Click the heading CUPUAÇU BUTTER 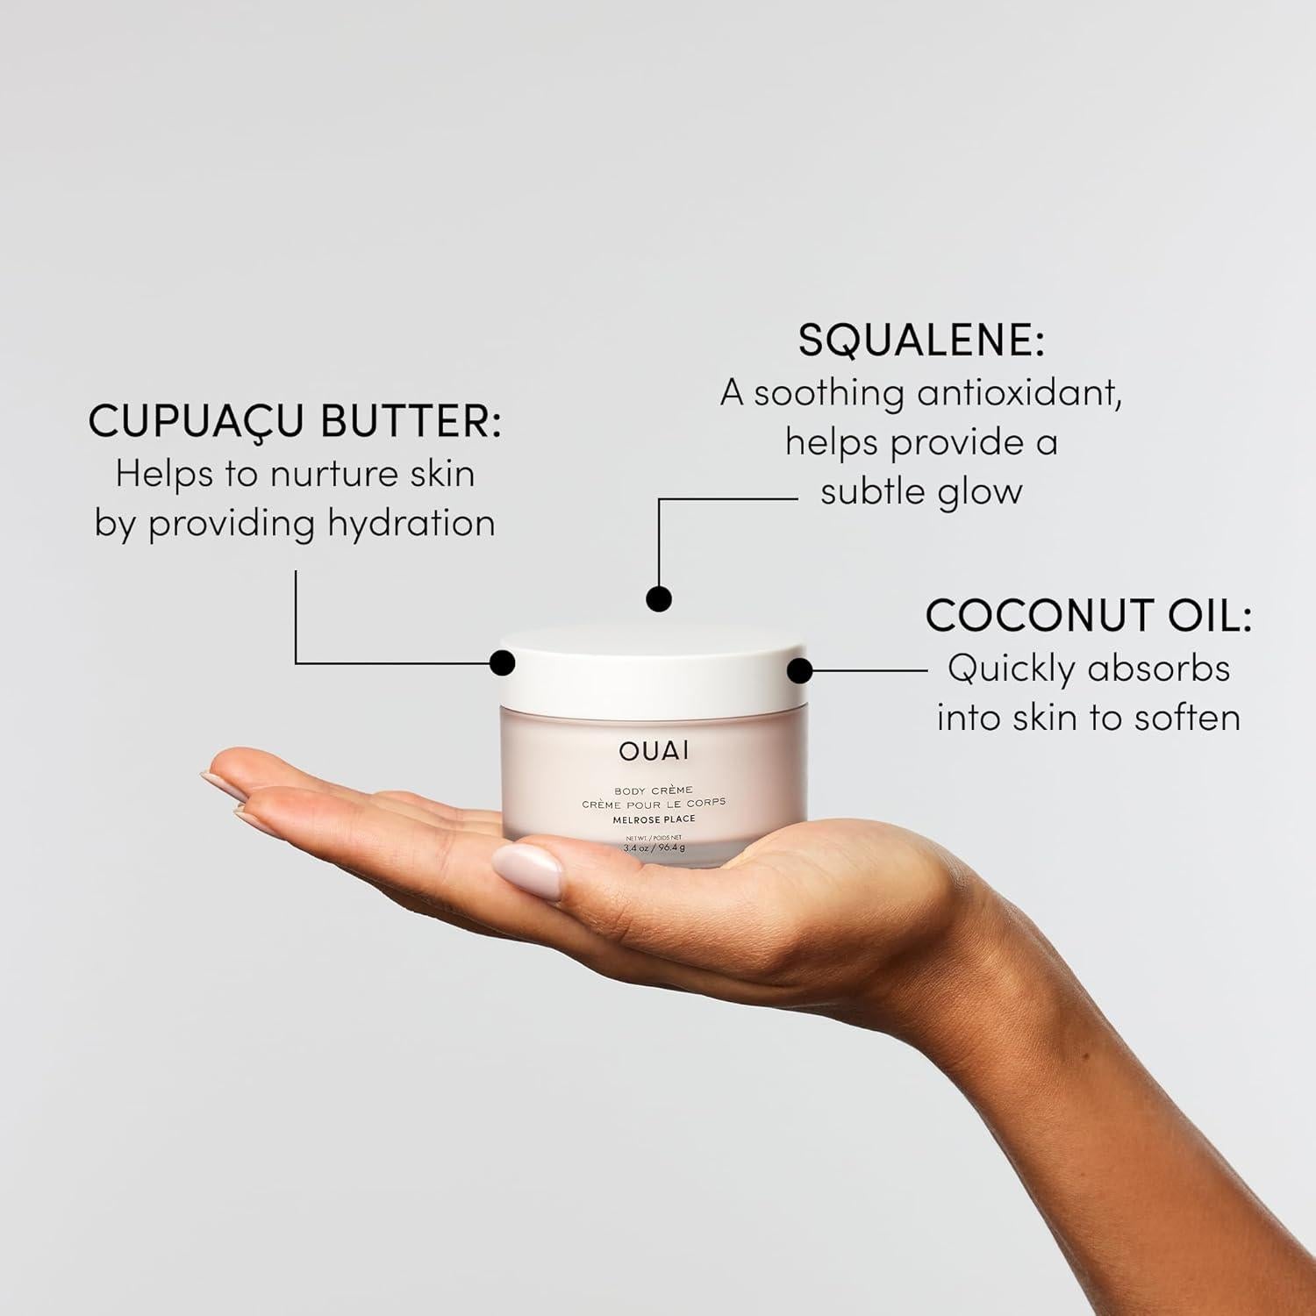tap(295, 422)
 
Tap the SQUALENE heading tap(921, 341)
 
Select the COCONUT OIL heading tap(1088, 616)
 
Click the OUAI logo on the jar tap(654, 751)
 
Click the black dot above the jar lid tap(658, 598)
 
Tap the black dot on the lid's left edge tap(502, 662)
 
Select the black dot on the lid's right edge tap(799, 671)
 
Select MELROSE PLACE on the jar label tap(654, 819)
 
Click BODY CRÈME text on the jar tap(654, 790)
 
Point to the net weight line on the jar tap(654, 848)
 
